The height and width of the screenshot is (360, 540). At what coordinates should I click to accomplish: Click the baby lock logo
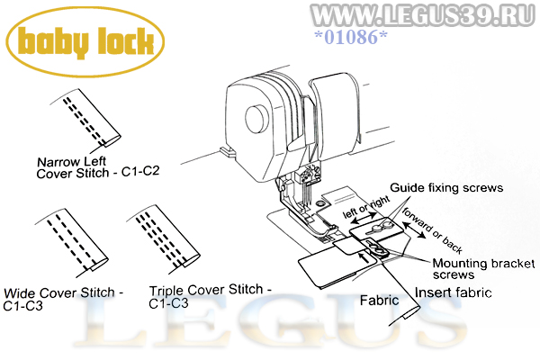click(85, 42)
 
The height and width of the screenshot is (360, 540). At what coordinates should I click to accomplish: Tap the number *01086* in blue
click(351, 37)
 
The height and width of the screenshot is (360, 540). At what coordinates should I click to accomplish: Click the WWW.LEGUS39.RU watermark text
click(423, 15)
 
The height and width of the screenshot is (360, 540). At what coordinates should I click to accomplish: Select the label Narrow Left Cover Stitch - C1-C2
click(98, 167)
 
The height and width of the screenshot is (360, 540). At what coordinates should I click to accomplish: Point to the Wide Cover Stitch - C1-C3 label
click(63, 299)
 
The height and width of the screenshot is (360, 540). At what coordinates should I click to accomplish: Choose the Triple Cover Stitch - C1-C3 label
click(210, 296)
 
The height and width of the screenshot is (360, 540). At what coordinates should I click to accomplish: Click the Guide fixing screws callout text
click(446, 188)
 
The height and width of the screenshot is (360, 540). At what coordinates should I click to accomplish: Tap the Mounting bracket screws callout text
click(483, 269)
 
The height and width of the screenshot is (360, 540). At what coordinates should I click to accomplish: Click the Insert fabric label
click(454, 292)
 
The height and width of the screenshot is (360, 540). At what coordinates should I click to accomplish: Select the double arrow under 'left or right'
click(364, 219)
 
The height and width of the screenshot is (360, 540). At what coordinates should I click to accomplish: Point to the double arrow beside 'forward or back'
click(414, 229)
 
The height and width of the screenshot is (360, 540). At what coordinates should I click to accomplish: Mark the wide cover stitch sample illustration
click(72, 243)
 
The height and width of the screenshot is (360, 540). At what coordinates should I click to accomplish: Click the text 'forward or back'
click(432, 230)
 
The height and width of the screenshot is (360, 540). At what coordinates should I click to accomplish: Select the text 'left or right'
click(366, 207)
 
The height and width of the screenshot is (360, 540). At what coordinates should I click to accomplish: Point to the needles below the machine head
click(306, 195)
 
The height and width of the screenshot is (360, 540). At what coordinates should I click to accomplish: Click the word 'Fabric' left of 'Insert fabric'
click(379, 301)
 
